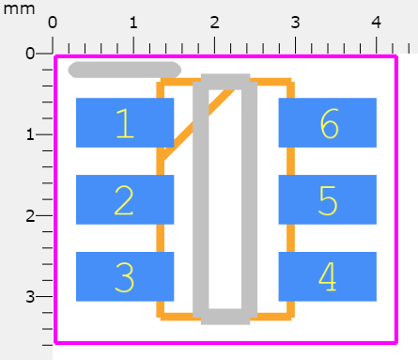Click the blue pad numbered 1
click(124, 123)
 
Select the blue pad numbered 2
click(124, 199)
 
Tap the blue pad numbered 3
click(124, 276)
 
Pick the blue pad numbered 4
click(327, 276)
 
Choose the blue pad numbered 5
click(327, 199)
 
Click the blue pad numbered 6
click(327, 123)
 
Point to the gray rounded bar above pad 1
click(125, 69)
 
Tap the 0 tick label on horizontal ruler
click(53, 22)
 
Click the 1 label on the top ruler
click(133, 22)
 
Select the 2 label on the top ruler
click(215, 22)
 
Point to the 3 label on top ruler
click(296, 22)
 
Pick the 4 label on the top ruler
click(377, 22)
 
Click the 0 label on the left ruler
click(29, 54)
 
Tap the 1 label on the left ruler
click(29, 134)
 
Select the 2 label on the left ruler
click(29, 215)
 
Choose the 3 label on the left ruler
click(29, 296)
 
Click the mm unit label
click(19, 8)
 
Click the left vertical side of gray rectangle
click(200, 197)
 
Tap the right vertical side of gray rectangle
click(249, 197)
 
